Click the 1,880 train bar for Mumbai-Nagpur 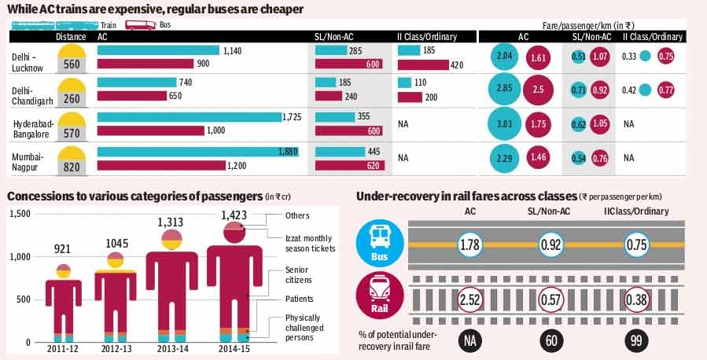(197, 152)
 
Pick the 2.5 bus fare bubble (538, 90)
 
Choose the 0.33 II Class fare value (629, 56)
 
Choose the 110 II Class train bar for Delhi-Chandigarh (404, 83)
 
